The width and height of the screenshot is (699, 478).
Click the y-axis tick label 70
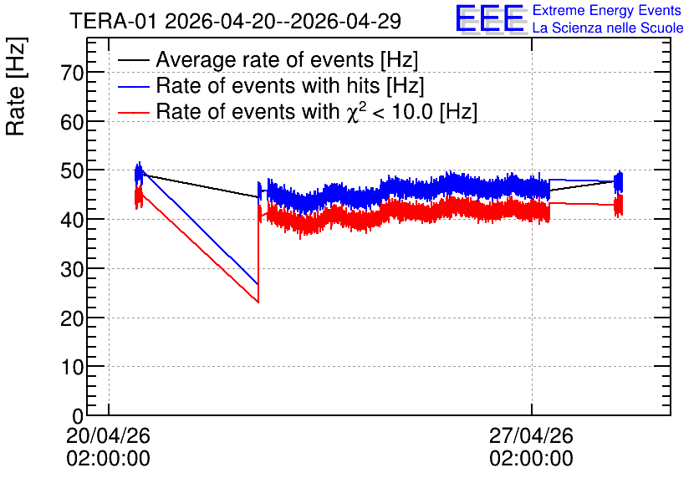(72, 73)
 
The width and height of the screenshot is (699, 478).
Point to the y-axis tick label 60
(72, 122)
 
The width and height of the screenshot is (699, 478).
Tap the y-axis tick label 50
(72, 170)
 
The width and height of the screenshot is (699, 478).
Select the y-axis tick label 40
(72, 220)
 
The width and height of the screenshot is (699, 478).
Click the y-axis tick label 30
(72, 268)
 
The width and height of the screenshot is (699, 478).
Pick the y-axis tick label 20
(72, 318)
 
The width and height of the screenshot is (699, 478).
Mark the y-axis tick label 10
(72, 367)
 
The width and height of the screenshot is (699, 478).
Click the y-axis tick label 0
(78, 416)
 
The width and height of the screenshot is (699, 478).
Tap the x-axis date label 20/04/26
(109, 435)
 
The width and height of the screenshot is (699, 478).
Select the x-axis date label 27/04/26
(532, 435)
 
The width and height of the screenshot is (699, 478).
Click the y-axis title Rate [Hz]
(16, 86)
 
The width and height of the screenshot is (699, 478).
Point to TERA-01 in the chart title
(113, 21)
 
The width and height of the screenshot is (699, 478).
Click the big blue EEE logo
(490, 18)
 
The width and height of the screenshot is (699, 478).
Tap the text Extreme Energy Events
(607, 10)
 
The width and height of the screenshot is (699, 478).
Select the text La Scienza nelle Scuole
(608, 28)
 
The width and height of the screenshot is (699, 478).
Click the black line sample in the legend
(133, 59)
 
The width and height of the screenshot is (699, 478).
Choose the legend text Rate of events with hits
(268, 85)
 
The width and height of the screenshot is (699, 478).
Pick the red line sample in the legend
(133, 112)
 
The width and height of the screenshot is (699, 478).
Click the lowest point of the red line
(258, 303)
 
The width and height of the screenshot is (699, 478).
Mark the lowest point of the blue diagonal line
(258, 284)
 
